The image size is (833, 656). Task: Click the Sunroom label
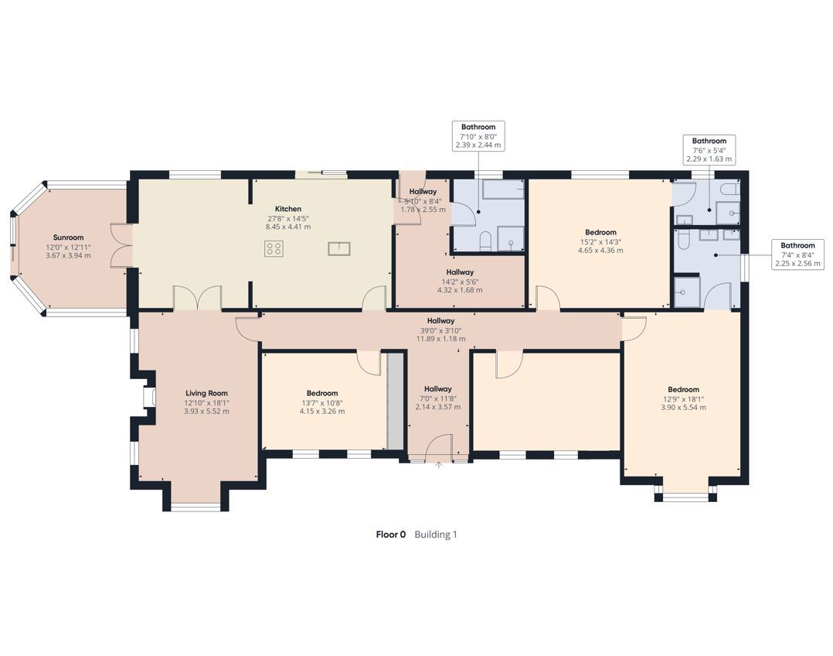point(68,237)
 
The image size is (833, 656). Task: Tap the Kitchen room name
point(288,209)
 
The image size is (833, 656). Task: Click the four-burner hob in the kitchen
point(274,248)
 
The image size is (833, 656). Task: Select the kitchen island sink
point(339,248)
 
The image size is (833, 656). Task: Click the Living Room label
point(206,394)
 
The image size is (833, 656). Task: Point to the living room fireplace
point(149,398)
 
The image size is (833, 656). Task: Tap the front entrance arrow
point(439,465)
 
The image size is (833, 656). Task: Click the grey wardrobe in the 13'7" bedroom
point(395,400)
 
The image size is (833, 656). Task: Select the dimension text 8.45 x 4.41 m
point(288,227)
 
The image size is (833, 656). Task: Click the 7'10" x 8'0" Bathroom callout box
point(478,135)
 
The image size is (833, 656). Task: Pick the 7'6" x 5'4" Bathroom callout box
point(709,149)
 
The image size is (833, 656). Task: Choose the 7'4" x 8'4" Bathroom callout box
point(797,255)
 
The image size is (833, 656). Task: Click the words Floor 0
point(390,535)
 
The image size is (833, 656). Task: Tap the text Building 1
point(436,535)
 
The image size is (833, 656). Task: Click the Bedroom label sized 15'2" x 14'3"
point(601,233)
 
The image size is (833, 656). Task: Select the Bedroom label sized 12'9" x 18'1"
point(684,389)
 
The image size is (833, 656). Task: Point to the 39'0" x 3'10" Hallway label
point(441,321)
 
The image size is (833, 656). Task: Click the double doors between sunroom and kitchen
point(121,244)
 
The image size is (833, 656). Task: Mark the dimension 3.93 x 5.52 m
point(206,412)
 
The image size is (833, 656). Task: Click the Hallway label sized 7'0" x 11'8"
point(437,389)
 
